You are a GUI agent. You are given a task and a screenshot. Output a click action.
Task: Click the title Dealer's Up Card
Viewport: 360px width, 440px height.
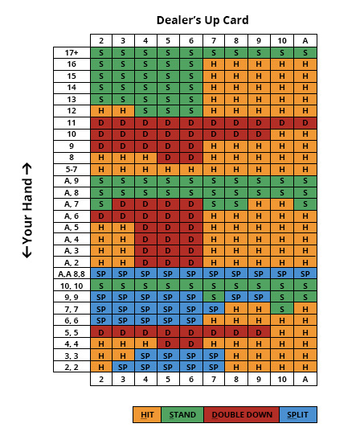(x=202, y=20)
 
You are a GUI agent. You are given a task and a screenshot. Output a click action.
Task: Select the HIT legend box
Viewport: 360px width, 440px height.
(x=147, y=414)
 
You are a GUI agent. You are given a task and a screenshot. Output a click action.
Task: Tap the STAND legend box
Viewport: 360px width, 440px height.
(x=182, y=414)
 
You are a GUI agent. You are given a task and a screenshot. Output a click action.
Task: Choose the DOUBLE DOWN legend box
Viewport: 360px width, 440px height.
(x=242, y=414)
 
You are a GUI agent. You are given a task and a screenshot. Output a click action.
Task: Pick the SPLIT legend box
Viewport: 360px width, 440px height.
(x=298, y=414)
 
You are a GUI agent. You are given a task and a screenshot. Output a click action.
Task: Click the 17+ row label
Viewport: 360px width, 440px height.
(x=72, y=53)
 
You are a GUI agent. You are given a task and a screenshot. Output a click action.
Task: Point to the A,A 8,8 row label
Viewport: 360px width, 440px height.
(x=72, y=273)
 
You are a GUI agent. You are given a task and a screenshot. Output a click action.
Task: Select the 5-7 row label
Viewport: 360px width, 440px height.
(x=72, y=170)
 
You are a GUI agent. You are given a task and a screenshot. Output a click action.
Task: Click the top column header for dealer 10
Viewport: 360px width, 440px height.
(x=282, y=41)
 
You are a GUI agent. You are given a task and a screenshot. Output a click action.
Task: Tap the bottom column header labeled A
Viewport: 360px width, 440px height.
(x=305, y=379)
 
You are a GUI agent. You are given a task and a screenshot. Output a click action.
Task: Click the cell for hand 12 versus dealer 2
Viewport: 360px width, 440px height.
(x=101, y=111)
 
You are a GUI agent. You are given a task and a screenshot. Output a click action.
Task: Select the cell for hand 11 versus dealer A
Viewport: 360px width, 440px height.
(x=305, y=123)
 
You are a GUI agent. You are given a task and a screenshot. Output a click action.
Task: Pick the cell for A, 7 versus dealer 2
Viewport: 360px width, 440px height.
(x=101, y=204)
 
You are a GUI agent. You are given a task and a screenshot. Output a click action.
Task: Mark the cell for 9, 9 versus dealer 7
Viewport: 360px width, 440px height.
(x=214, y=297)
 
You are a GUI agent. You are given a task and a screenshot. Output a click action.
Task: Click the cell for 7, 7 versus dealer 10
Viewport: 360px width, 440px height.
(x=282, y=309)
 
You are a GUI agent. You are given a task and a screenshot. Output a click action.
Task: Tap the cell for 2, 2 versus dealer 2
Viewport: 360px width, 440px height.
(x=101, y=367)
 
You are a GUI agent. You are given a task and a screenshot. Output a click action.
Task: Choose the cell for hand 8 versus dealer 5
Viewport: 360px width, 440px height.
(x=168, y=158)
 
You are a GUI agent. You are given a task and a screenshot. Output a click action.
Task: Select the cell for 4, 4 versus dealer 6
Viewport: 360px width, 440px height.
(x=191, y=343)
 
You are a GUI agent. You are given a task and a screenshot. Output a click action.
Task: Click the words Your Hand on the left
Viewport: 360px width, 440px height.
(x=27, y=211)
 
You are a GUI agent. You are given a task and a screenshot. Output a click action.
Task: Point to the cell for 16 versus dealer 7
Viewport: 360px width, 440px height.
(x=214, y=64)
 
